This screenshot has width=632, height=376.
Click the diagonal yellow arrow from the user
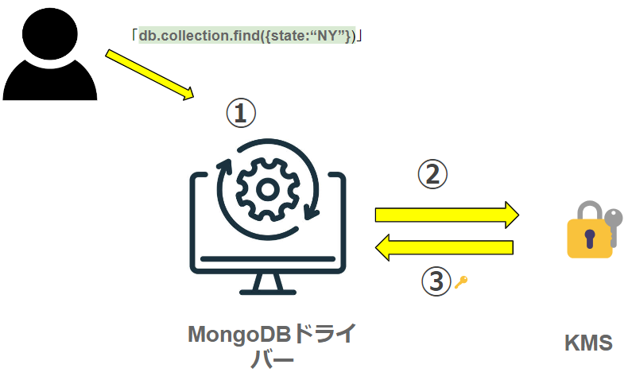[149, 76]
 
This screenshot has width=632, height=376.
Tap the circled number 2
[432, 175]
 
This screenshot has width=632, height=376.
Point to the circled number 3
[435, 281]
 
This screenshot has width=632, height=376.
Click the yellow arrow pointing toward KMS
[446, 214]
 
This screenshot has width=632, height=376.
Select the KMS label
[588, 344]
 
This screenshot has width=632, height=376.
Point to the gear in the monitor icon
[267, 189]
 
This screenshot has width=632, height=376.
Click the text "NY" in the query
[325, 36]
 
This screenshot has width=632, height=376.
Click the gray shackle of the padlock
[588, 212]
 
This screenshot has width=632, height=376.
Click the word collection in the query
[186, 36]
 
